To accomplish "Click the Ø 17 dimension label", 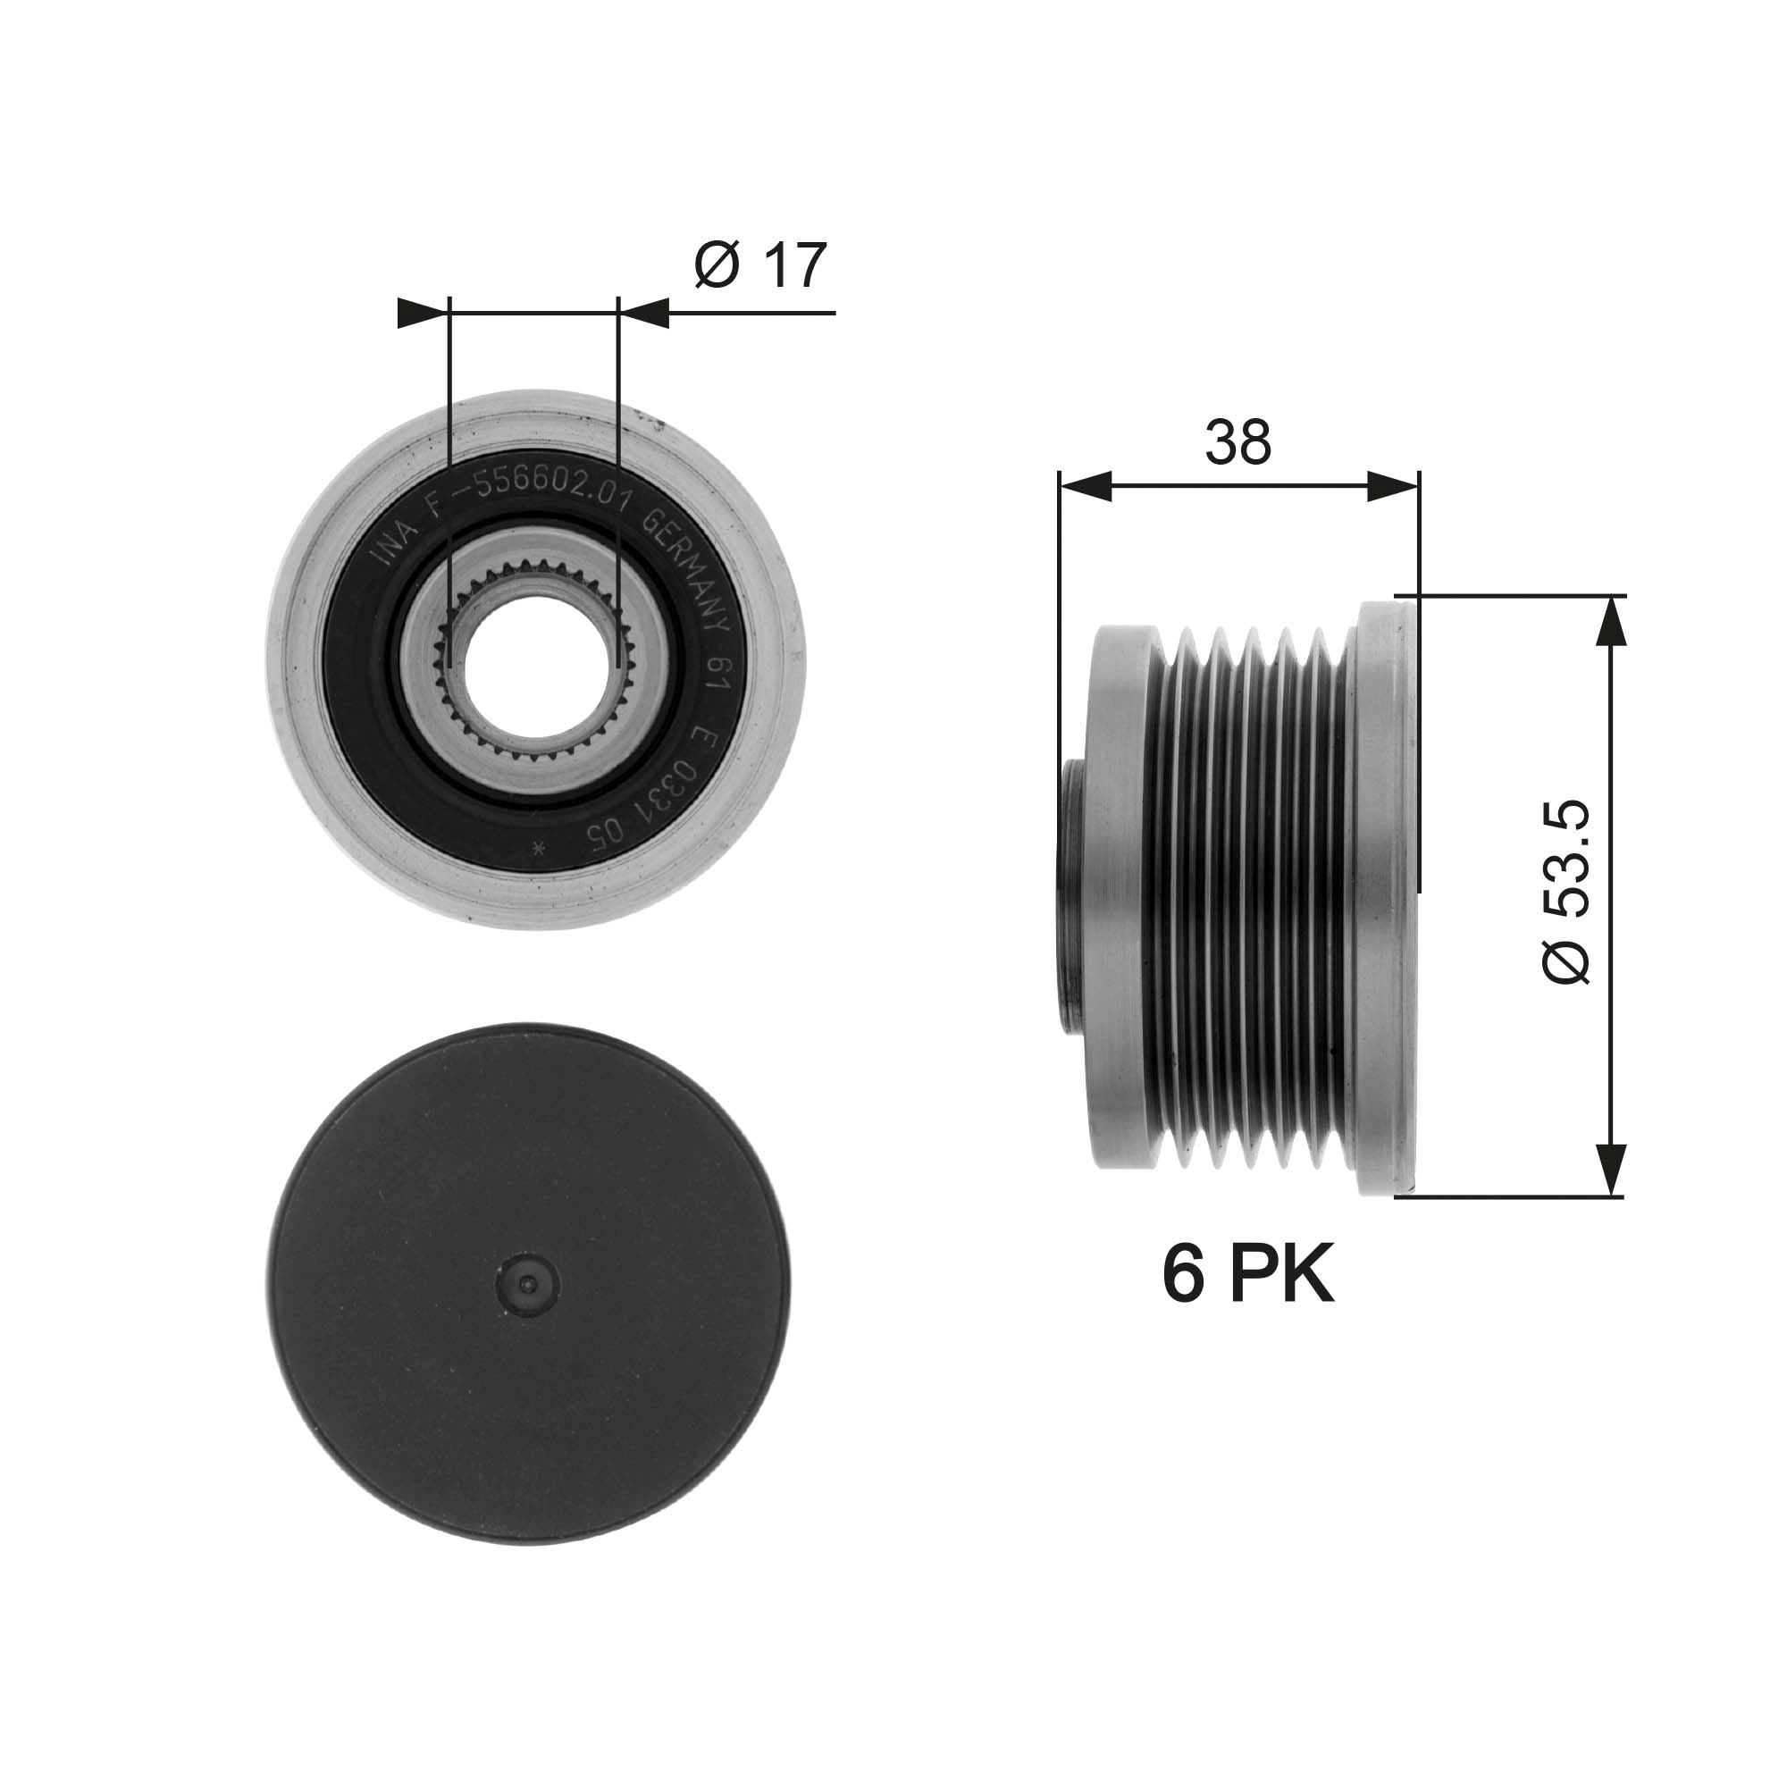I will (759, 265).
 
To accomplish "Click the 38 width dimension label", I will (1237, 442).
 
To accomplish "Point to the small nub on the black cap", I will (527, 1284).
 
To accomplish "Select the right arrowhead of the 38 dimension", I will (1391, 485).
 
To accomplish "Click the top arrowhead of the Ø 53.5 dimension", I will (1610, 621).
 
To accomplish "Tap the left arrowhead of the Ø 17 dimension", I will (422, 313).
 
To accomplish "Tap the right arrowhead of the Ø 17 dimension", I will (643, 313).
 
